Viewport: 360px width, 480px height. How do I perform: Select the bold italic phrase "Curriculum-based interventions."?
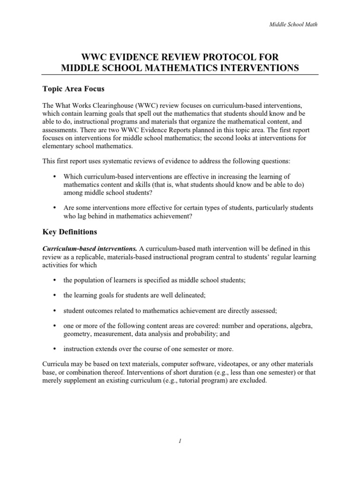point(90,248)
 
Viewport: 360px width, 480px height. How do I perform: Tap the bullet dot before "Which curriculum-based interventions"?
point(54,176)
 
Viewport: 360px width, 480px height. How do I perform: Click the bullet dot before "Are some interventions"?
point(54,208)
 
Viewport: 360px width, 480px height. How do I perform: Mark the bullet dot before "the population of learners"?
point(54,280)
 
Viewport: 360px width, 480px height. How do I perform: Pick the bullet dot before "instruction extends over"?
point(54,349)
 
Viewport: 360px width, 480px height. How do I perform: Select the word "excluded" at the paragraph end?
point(253,381)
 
